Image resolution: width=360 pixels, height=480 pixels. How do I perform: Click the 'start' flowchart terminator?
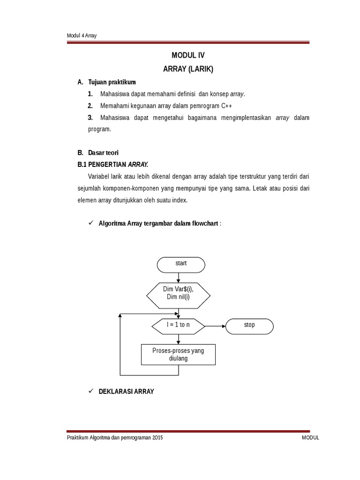[x=181, y=264]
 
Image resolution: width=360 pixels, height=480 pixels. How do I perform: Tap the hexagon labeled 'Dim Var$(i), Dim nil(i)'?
[x=179, y=293]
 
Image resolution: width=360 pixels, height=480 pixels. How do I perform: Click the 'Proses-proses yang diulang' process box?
[x=178, y=354]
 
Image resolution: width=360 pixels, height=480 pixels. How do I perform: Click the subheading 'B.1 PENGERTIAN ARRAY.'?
[x=112, y=165]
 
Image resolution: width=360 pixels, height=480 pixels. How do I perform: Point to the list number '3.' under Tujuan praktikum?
[x=91, y=118]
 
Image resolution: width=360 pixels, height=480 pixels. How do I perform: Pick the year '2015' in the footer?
[x=157, y=437]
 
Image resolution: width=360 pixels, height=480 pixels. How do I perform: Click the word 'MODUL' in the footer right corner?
[x=310, y=437]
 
